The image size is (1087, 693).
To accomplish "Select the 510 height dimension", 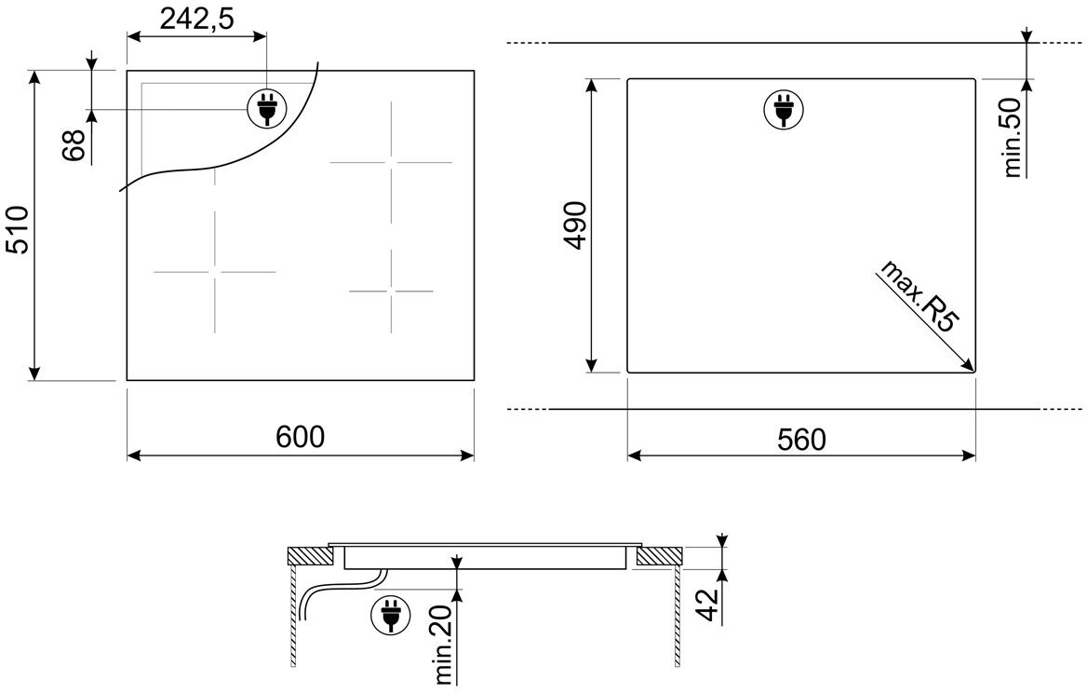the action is coord(19,231).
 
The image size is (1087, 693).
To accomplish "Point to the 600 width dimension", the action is coord(301,437).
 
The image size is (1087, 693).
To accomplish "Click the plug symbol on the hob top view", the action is coord(265,110).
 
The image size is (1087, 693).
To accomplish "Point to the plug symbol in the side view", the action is coord(388,616).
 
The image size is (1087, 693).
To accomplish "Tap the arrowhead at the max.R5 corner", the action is coord(971,367).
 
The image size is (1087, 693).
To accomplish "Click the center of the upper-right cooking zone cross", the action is coord(391,163).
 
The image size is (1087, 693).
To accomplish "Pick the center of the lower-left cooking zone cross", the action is coord(215,271).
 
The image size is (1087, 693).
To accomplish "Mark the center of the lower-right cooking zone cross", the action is coord(392,292).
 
